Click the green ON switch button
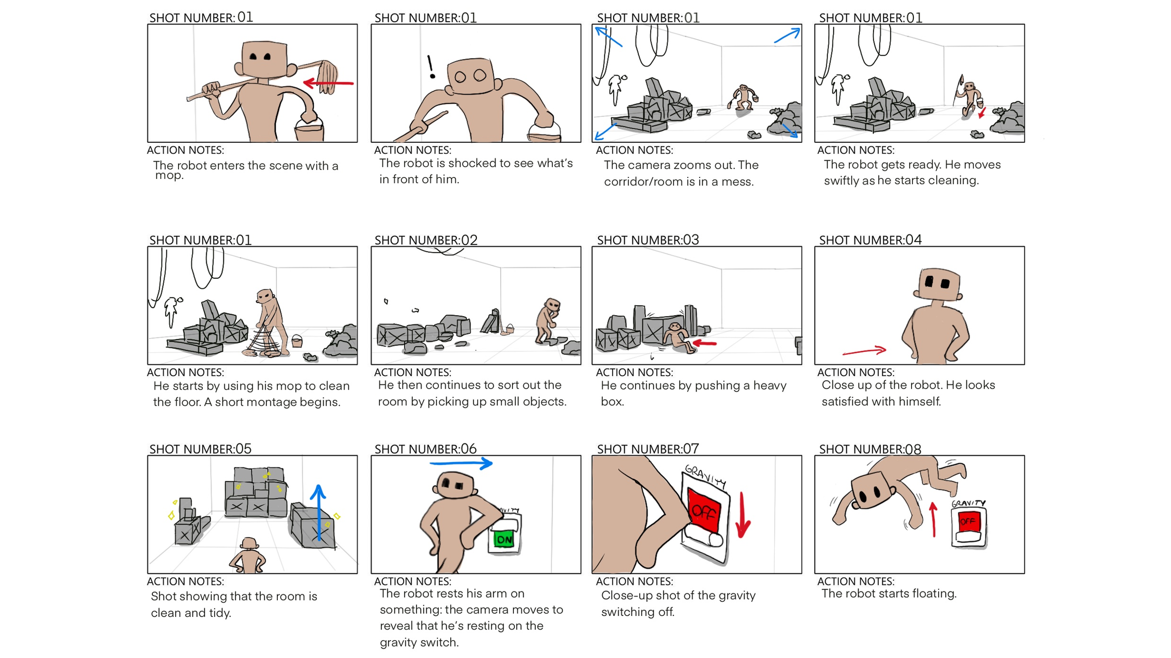click(x=504, y=539)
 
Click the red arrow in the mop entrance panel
click(x=328, y=83)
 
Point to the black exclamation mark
click(x=431, y=67)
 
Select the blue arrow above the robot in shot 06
click(x=461, y=463)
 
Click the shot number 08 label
click(x=870, y=449)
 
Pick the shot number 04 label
click(x=870, y=240)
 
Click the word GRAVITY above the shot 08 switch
click(x=968, y=503)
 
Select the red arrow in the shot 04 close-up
click(x=864, y=351)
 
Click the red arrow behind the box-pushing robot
click(x=704, y=343)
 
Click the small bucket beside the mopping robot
click(x=296, y=340)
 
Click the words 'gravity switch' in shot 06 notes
click(x=419, y=642)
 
